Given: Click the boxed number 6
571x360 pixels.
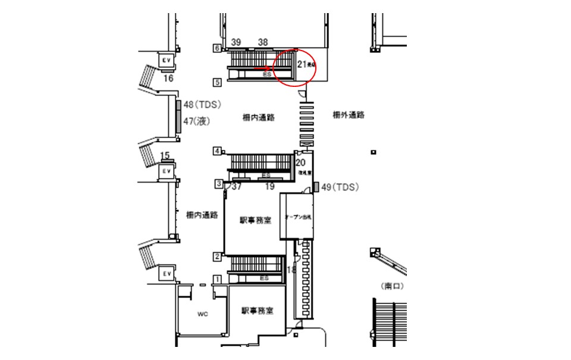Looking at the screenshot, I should click(x=217, y=48).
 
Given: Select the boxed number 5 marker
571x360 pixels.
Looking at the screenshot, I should click(x=217, y=82).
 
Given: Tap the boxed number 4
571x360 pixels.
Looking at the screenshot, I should click(x=217, y=151).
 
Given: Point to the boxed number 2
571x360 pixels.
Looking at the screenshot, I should click(x=217, y=256).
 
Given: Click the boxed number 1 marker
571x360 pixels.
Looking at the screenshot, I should click(x=217, y=278).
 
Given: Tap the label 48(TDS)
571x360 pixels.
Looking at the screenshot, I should click(x=202, y=105).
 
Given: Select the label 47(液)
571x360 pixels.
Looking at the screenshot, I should click(x=197, y=121).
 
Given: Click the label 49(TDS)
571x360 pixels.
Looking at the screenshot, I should click(x=340, y=187).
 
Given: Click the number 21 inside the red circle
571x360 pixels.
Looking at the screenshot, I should click(x=301, y=64).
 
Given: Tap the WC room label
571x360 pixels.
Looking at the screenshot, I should click(x=202, y=314).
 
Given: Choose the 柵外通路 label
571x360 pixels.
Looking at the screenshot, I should click(x=349, y=115).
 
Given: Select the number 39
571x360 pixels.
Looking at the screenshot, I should click(x=236, y=42).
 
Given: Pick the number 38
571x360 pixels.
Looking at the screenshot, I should click(x=263, y=42).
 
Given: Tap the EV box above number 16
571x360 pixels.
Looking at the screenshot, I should click(x=166, y=60).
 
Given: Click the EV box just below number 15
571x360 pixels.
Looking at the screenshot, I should click(x=167, y=171).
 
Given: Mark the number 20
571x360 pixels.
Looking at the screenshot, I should click(x=300, y=162).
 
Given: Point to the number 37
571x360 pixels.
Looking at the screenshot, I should click(x=237, y=187).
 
